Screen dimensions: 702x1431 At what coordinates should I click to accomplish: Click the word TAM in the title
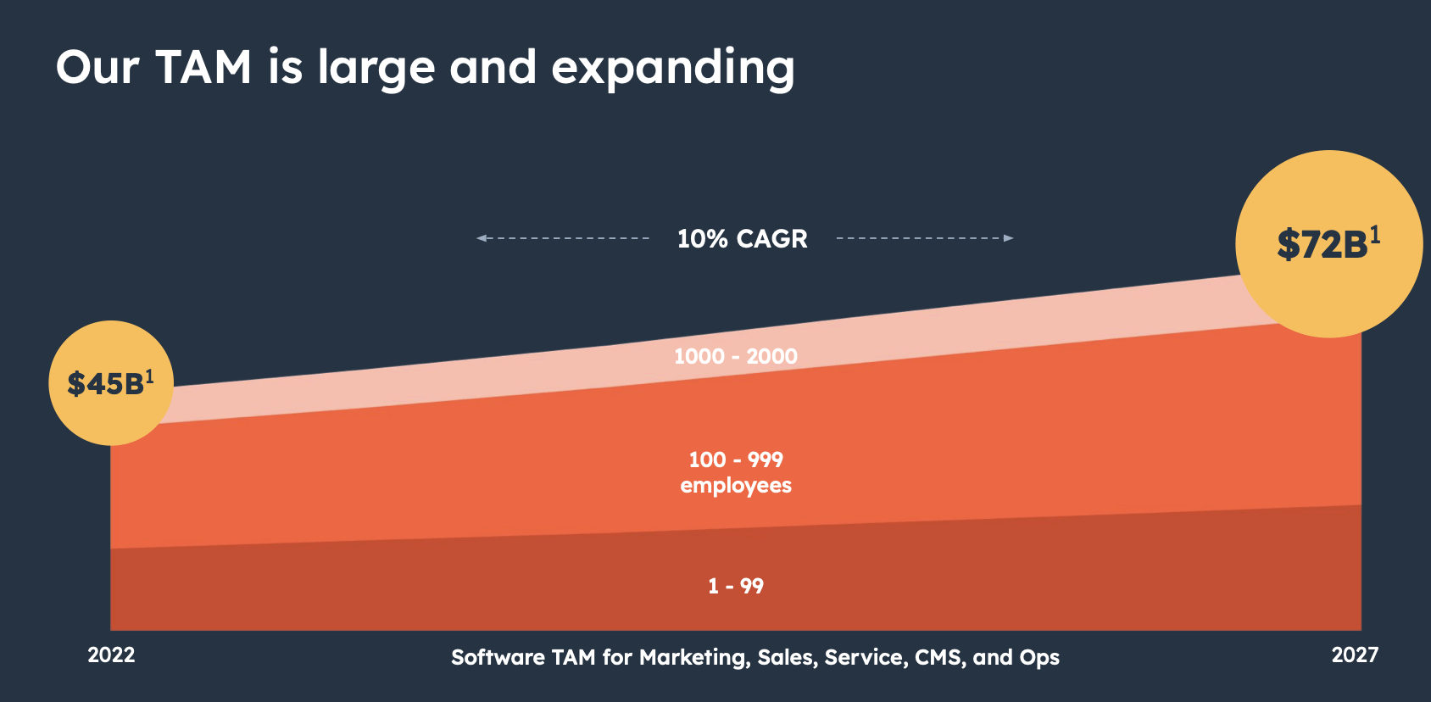[203, 67]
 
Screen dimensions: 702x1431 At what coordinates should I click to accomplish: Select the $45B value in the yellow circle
[105, 384]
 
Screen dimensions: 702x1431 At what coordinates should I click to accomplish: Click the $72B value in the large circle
[1322, 245]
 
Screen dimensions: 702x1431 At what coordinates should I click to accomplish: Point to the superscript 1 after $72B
[1375, 234]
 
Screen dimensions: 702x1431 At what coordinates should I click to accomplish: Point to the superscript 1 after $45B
[150, 376]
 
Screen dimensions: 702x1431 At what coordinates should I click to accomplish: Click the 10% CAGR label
[742, 239]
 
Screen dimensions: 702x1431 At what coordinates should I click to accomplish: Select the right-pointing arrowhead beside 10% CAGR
[1008, 238]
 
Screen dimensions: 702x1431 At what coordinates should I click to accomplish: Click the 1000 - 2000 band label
[735, 356]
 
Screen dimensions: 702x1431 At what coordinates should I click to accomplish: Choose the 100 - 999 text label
[735, 460]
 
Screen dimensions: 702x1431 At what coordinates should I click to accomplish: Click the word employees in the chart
[735, 486]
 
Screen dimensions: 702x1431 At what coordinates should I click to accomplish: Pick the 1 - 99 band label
[735, 586]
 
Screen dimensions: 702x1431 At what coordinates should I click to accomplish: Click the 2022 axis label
[111, 655]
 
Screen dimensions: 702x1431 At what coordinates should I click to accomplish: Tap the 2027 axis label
[1354, 655]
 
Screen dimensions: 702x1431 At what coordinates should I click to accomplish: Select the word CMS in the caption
[938, 658]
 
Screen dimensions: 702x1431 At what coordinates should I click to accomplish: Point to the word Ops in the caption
[1039, 658]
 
